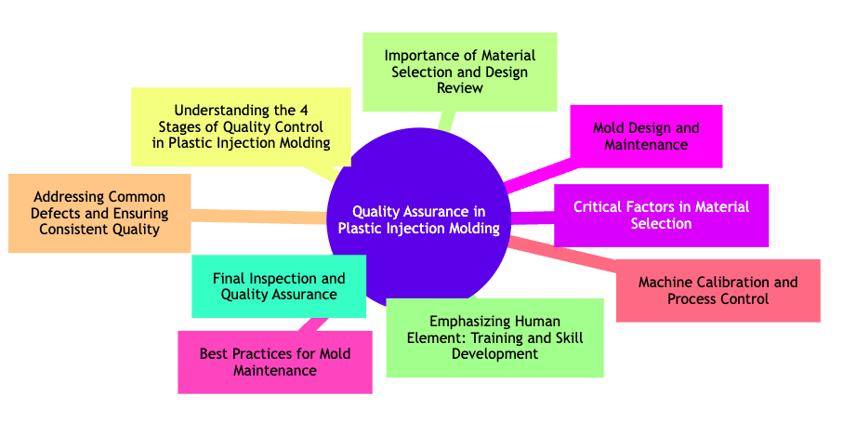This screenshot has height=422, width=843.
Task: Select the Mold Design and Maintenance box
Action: pyautogui.click(x=645, y=137)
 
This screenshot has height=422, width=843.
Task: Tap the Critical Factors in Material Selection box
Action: pyautogui.click(x=661, y=216)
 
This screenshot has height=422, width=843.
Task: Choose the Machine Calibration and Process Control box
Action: pyautogui.click(x=718, y=290)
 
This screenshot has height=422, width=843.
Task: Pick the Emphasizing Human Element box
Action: pyautogui.click(x=494, y=337)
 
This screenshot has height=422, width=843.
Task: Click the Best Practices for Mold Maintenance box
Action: pyautogui.click(x=274, y=363)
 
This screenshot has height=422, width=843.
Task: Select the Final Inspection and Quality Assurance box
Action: pyautogui.click(x=279, y=286)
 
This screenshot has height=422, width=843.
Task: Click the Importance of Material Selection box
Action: pyautogui.click(x=459, y=72)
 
